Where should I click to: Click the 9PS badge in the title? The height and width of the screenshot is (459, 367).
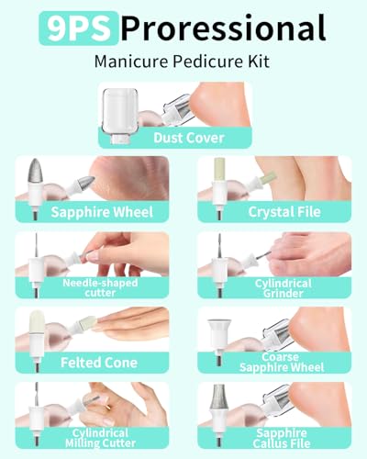tap(79, 28)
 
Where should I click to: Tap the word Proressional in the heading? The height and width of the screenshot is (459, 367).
tap(224, 28)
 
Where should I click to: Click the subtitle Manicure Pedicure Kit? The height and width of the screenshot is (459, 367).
tap(182, 62)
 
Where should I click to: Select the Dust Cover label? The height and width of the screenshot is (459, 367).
tap(189, 138)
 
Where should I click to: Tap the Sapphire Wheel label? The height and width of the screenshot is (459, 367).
tap(102, 212)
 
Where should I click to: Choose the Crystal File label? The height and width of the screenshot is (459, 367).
tap(284, 212)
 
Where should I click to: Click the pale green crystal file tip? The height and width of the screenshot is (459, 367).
tap(219, 169)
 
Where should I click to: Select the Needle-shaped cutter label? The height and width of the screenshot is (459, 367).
tap(100, 287)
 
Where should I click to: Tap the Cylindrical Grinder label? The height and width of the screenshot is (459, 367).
tap(284, 288)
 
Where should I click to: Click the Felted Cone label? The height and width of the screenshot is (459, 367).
tap(99, 363)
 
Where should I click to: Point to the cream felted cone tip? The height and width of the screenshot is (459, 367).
tap(37, 321)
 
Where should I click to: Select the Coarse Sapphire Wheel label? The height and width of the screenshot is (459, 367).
tap(282, 363)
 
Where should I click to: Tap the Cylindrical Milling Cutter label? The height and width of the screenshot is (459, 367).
tap(100, 438)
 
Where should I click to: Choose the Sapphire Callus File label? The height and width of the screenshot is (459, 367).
tap(282, 438)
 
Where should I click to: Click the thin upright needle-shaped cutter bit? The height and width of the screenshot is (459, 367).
tap(37, 246)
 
